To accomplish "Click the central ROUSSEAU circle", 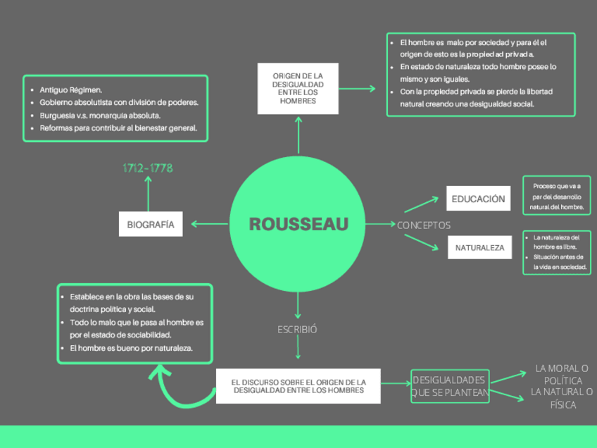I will click(298, 225).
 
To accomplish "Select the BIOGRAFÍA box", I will click(151, 224).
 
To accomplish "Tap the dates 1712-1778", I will click(148, 168).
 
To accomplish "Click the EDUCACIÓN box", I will click(478, 199).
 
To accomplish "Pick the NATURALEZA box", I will click(479, 248).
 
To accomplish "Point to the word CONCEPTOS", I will click(424, 225).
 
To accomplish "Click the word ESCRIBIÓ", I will click(297, 329).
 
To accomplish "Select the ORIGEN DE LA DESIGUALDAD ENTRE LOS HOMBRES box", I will click(298, 88).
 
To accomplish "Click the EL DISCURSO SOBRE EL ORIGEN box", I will click(298, 386).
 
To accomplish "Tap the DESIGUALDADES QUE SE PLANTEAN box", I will click(449, 386).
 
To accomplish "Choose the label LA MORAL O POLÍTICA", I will click(562, 374).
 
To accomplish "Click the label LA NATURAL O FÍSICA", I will click(562, 398).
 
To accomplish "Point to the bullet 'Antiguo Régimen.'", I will click(70, 90).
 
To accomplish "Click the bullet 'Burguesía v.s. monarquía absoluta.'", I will click(100, 115).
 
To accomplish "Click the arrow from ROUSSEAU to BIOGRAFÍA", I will click(209, 225).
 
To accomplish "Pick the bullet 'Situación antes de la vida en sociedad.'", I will click(560, 262).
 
